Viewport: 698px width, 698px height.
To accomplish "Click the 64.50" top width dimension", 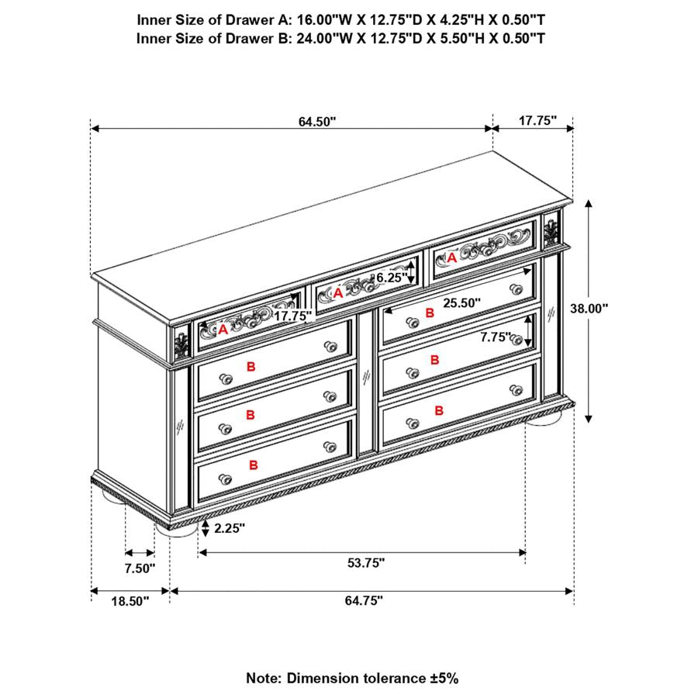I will [316, 121].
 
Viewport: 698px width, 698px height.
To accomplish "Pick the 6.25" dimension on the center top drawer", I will [391, 277].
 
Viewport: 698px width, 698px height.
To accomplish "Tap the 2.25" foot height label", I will [229, 528].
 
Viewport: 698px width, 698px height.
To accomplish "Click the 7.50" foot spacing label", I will [140, 568].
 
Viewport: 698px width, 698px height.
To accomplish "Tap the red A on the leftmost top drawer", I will [223, 330].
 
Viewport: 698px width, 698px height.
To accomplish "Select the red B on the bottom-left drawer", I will [254, 465].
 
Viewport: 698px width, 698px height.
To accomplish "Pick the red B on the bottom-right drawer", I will [439, 410].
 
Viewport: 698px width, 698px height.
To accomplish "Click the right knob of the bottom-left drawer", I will [329, 448].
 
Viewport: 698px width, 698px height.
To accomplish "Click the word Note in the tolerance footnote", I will [263, 678].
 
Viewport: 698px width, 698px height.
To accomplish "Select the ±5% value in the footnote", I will [442, 678].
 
